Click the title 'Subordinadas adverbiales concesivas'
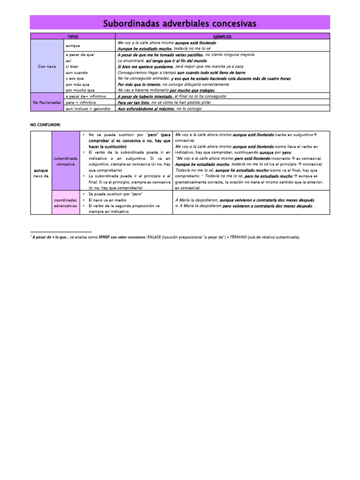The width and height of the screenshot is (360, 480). [180, 23]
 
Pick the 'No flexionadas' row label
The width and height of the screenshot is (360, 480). [46, 102]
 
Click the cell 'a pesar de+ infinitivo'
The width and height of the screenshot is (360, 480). [86, 96]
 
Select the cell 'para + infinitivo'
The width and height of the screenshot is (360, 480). [81, 102]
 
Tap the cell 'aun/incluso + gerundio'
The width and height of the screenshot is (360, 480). [88, 108]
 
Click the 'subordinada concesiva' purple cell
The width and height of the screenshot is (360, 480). [65, 161]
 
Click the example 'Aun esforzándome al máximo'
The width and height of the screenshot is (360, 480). [145, 108]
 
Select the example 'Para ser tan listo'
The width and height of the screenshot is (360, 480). [134, 102]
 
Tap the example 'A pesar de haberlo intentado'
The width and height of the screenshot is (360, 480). [145, 96]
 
